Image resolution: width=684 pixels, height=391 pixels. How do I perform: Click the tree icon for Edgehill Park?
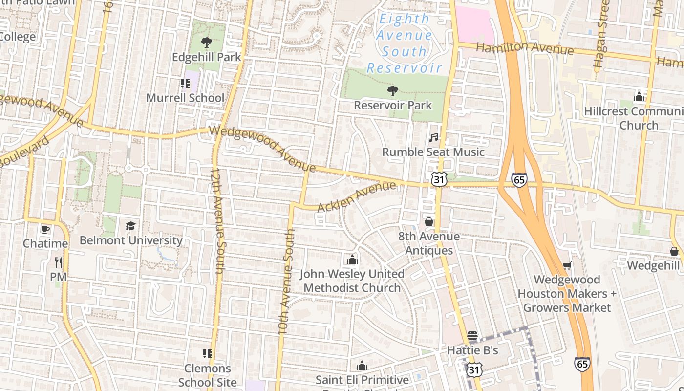pos(207,43)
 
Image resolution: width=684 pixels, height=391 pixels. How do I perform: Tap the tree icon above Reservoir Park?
pos(392,90)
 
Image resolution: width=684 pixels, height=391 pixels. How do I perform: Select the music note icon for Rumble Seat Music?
pos(433,138)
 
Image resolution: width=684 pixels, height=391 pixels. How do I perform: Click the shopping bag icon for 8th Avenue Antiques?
pos(429,222)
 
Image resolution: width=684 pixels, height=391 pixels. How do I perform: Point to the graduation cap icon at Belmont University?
pos(130,226)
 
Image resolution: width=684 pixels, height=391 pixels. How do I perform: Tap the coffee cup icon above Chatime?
pos(45,229)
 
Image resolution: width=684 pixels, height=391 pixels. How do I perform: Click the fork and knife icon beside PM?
pos(59,262)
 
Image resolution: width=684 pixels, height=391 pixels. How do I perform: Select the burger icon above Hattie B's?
pos(472,336)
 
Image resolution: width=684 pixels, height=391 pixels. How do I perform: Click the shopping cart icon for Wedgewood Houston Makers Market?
pos(567,265)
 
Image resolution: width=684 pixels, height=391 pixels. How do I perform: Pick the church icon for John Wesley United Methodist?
pos(352,260)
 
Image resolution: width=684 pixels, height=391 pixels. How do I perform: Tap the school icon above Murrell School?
pos(185,84)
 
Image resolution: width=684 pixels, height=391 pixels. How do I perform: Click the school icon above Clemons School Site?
pos(207,353)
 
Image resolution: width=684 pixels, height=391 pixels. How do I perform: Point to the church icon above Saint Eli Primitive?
pos(362,366)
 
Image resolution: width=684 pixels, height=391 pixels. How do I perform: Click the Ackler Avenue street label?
pos(356,196)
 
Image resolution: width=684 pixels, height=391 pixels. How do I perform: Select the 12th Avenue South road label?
pos(216,220)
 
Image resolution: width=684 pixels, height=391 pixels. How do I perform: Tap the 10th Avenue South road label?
pos(287,281)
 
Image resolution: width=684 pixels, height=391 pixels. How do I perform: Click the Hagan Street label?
pos(599,37)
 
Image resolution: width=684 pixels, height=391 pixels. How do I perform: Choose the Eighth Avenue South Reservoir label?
pos(404,43)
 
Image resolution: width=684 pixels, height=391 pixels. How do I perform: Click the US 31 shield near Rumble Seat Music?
pos(439,179)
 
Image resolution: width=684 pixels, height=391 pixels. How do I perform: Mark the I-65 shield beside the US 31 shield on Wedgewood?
pos(519,179)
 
